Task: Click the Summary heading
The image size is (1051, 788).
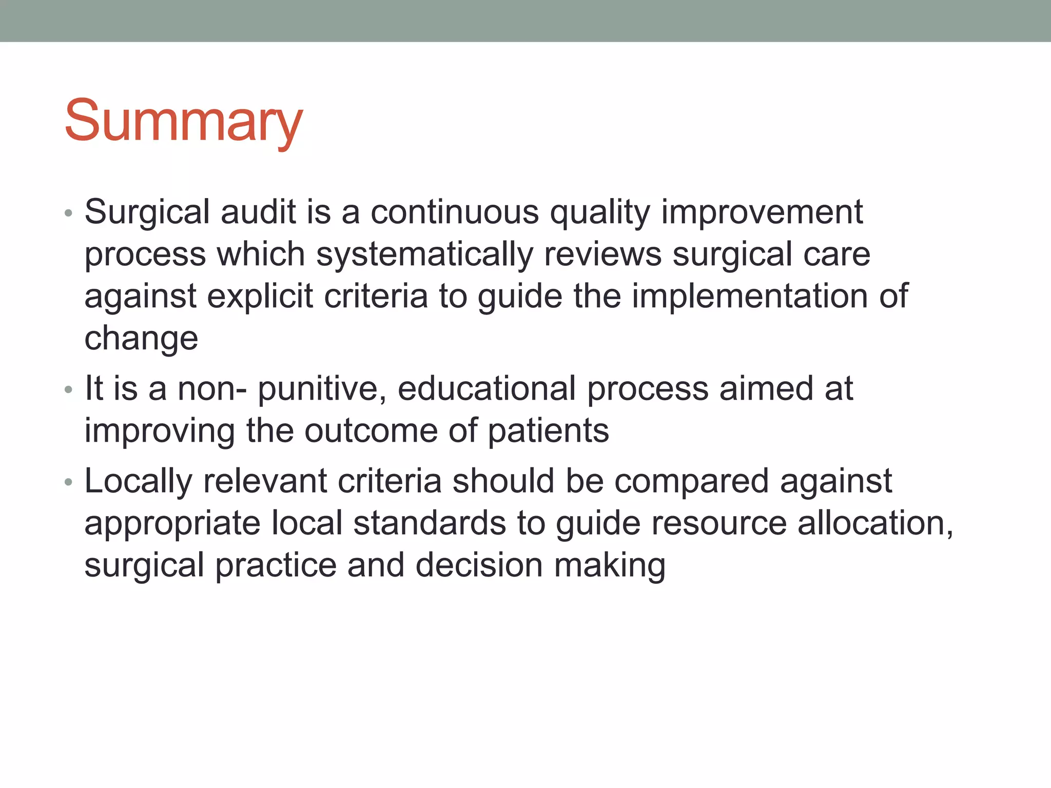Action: click(x=183, y=122)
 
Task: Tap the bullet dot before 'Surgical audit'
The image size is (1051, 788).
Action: click(x=69, y=213)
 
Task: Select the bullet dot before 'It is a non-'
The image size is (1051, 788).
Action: click(x=69, y=390)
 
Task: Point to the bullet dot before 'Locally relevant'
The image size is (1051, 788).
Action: click(x=69, y=482)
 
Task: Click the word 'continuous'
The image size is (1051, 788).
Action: click(x=455, y=212)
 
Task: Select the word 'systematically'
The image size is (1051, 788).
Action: click(x=424, y=254)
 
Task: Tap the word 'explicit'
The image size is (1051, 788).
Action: click(x=260, y=296)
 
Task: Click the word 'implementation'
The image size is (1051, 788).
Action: click(x=750, y=296)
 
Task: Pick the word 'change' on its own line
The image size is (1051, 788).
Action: click(x=141, y=339)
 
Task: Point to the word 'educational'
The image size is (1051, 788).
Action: click(x=486, y=388)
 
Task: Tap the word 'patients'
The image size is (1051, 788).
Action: click(x=548, y=430)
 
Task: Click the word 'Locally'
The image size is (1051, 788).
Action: click(x=138, y=482)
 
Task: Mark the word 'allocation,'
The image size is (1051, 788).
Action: click(x=875, y=523)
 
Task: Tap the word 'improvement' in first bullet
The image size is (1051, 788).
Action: click(x=762, y=212)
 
